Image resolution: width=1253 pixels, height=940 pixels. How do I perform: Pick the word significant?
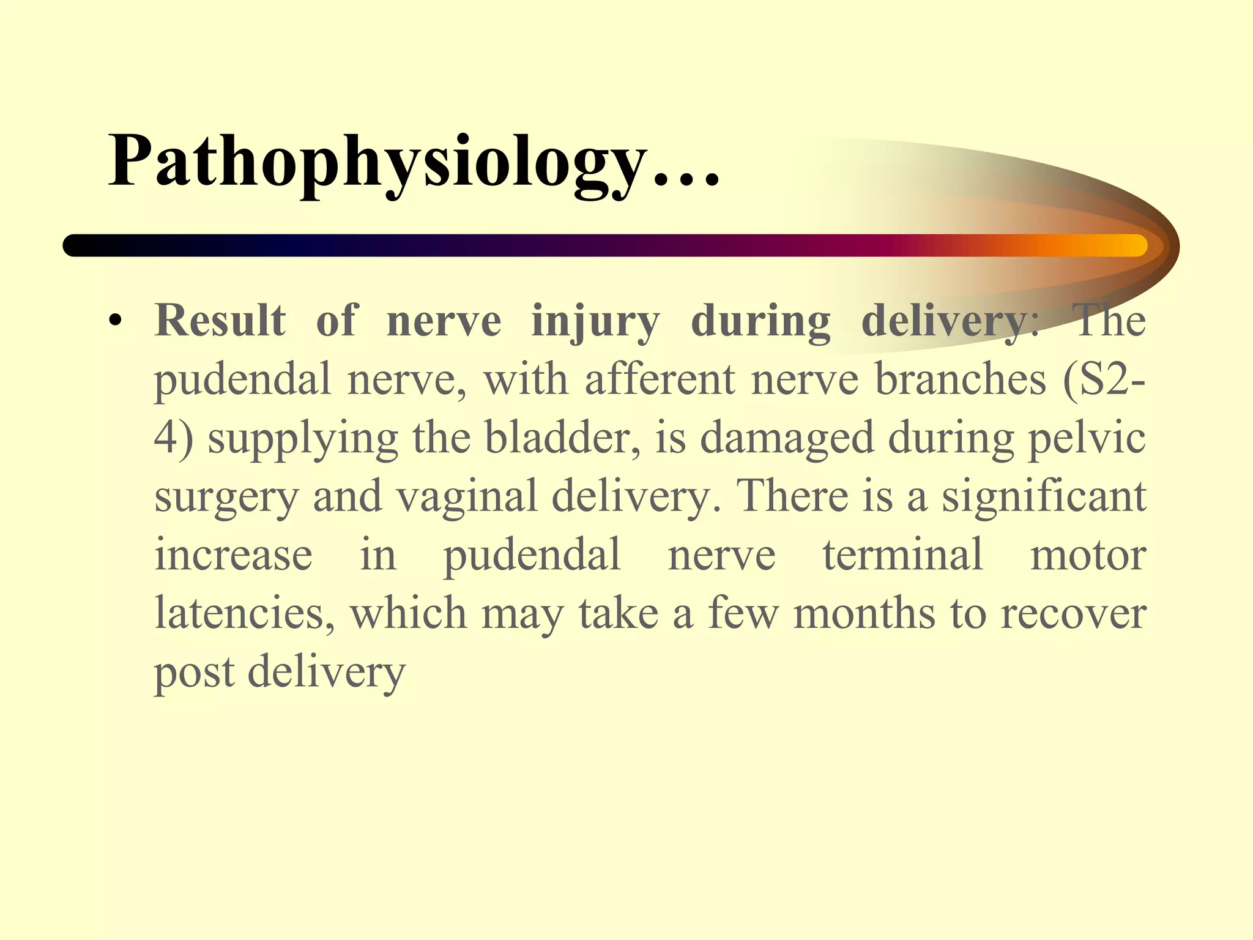pyautogui.click(x=1043, y=497)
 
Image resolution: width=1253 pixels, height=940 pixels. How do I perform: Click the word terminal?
pyautogui.click(x=902, y=554)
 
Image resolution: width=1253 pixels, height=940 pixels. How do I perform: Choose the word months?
pyautogui.click(x=864, y=613)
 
